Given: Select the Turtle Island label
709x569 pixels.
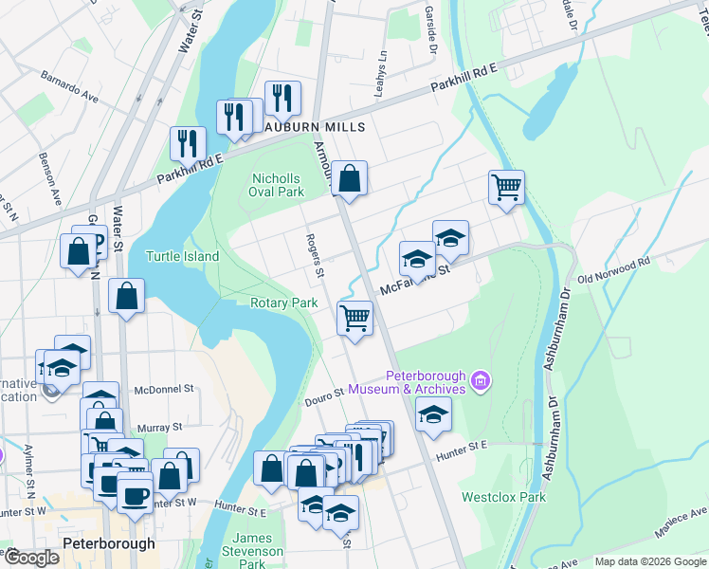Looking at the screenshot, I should click(182, 256).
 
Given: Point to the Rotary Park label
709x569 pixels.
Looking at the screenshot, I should click(283, 303).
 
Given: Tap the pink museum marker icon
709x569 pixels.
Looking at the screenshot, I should click(481, 381).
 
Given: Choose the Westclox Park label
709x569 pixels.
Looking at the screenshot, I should click(503, 497).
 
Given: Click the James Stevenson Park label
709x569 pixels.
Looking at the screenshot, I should click(252, 550).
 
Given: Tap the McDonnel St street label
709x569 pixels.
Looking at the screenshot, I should click(164, 389).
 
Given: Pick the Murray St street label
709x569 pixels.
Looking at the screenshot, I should click(159, 428).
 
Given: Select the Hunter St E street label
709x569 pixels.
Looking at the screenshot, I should click(461, 456).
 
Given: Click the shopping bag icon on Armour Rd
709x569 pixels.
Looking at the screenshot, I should click(350, 177).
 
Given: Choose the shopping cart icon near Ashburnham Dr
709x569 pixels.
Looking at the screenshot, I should click(507, 186).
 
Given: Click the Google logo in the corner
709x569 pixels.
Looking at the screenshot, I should click(31, 558).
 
